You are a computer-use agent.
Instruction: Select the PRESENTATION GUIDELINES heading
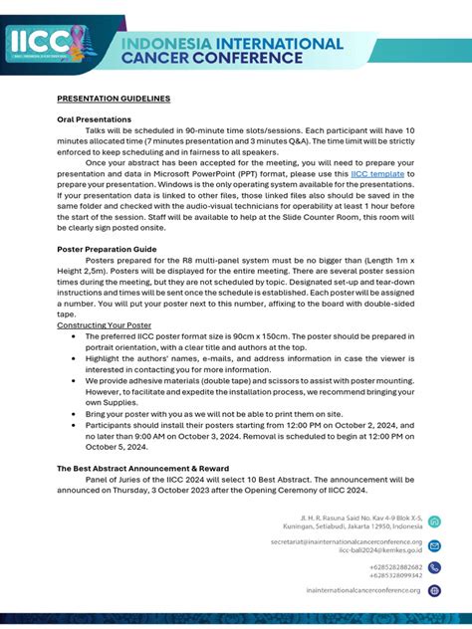click(x=113, y=99)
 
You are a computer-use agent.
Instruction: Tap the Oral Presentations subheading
click(x=94, y=119)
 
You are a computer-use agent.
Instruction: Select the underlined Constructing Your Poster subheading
click(x=104, y=325)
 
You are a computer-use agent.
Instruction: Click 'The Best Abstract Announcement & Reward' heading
click(x=142, y=467)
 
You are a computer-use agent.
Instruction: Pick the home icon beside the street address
click(x=434, y=522)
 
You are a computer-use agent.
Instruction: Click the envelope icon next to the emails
click(x=434, y=545)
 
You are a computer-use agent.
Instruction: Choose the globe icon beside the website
click(x=434, y=590)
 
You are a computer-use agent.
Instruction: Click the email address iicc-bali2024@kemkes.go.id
click(x=380, y=549)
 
